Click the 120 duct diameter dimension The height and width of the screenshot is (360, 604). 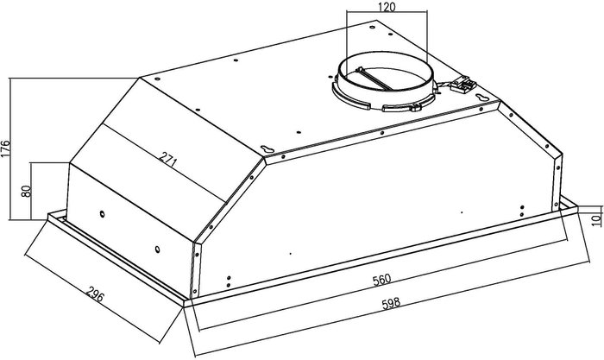point(387,7)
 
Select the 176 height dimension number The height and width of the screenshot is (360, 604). point(5,148)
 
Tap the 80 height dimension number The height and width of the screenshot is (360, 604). point(26,191)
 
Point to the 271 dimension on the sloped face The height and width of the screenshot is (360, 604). point(168,160)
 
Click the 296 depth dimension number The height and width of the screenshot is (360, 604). point(95,295)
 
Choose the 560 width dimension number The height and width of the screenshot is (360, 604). point(381,280)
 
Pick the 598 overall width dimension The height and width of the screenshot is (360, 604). point(391,303)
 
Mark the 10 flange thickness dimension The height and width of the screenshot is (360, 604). point(596,219)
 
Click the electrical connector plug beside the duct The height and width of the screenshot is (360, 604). point(463,85)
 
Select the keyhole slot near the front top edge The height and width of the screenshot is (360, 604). point(267,148)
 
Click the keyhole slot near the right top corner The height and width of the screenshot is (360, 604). point(481,98)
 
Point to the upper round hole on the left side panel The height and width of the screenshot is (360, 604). point(102,213)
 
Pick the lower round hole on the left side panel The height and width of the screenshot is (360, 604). point(157,249)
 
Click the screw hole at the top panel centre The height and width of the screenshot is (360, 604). point(299,133)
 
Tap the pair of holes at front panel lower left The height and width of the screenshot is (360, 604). point(229,281)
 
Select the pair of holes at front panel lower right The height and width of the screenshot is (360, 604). point(522,211)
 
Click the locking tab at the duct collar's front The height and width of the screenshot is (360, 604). point(415,108)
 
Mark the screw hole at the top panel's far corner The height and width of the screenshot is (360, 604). point(372,28)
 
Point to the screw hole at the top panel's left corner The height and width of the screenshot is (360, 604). point(157,79)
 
